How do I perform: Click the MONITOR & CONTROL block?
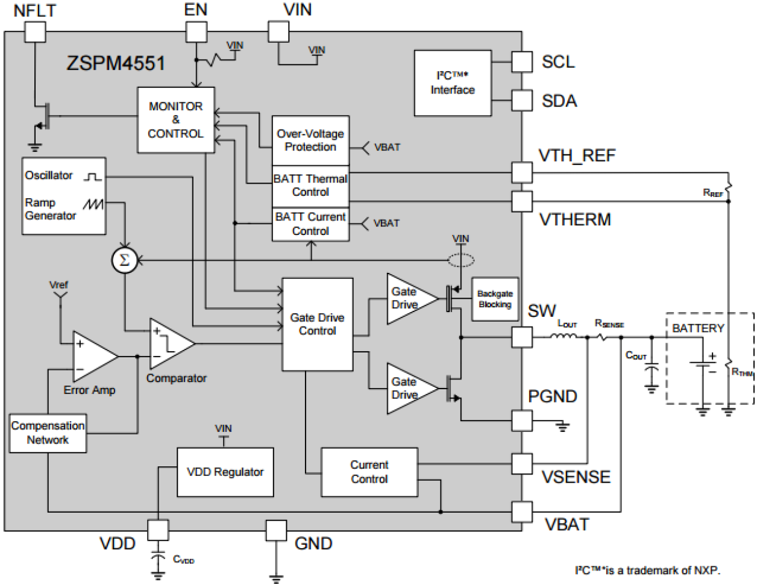(x=175, y=120)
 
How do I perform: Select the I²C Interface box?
(x=453, y=83)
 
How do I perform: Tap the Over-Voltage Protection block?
(x=310, y=140)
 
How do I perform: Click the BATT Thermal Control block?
(x=310, y=186)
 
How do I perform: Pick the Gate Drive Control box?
(x=318, y=324)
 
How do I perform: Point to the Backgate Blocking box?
(x=495, y=299)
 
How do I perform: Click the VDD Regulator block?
(x=225, y=472)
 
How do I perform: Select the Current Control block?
(x=369, y=472)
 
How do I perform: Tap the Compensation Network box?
(x=48, y=433)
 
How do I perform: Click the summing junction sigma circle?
(x=125, y=260)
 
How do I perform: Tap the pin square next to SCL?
(x=522, y=61)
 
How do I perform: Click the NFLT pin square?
(x=35, y=32)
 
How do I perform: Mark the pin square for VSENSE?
(x=522, y=464)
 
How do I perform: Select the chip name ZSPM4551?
(x=115, y=63)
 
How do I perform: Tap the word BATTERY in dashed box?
(x=698, y=328)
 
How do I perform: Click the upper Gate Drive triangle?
(x=410, y=299)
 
